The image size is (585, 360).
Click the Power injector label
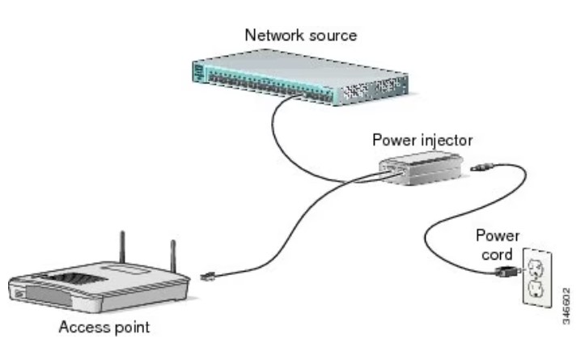(x=422, y=140)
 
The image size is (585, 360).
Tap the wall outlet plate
(x=536, y=280)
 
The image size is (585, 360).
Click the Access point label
(x=104, y=328)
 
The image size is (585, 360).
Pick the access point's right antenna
(x=172, y=254)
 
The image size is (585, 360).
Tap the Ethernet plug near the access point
(x=207, y=277)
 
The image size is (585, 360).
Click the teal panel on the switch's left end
(x=199, y=72)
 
